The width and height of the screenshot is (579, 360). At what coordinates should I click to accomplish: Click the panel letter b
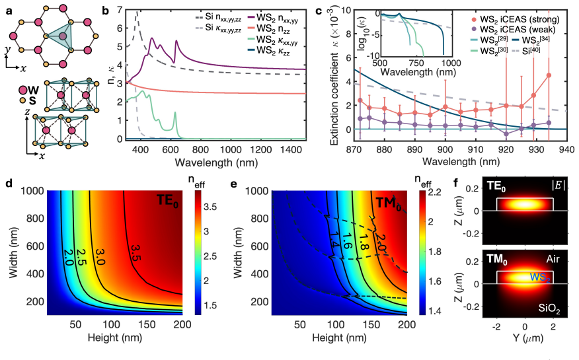click(x=106, y=11)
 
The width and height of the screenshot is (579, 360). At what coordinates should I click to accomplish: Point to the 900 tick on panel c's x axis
click(x=445, y=149)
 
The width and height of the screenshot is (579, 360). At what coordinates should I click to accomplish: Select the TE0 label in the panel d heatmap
click(x=168, y=201)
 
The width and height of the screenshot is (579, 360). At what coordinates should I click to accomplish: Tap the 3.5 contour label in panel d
click(x=135, y=253)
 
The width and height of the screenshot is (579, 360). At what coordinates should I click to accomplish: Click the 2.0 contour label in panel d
click(x=68, y=254)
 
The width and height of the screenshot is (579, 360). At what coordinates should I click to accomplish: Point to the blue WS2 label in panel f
click(x=540, y=277)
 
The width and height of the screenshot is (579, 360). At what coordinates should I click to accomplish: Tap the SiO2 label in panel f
click(x=549, y=309)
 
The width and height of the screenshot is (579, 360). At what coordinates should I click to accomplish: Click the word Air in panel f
click(x=553, y=259)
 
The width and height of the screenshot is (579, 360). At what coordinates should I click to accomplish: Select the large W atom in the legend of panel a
click(x=23, y=90)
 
